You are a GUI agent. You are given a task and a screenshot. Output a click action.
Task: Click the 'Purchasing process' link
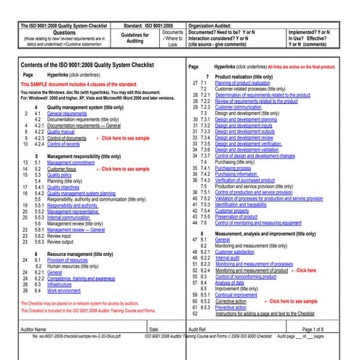click(239, 167)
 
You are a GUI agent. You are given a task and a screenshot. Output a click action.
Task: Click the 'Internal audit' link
click(230, 257)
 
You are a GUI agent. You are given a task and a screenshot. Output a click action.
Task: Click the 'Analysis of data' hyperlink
click(232, 281)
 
